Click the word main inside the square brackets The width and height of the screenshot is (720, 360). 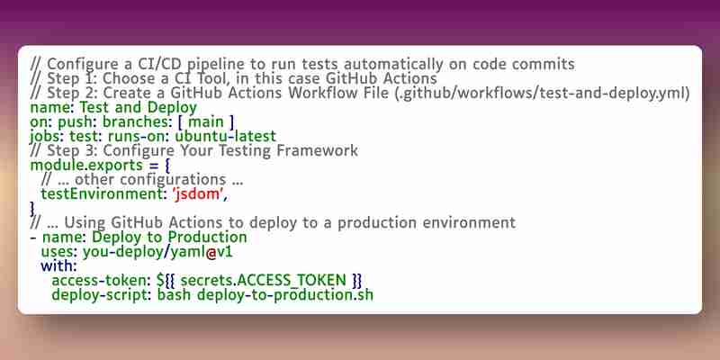(206, 121)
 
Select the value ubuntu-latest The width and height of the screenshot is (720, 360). (226, 137)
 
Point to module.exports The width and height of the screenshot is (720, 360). (86, 166)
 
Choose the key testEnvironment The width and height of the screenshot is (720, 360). (99, 194)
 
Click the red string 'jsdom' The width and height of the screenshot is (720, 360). (198, 194)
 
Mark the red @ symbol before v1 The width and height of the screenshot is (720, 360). (211, 252)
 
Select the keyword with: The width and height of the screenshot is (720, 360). (59, 266)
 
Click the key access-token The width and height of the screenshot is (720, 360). (102, 281)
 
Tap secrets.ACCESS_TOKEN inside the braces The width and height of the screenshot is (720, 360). (263, 281)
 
